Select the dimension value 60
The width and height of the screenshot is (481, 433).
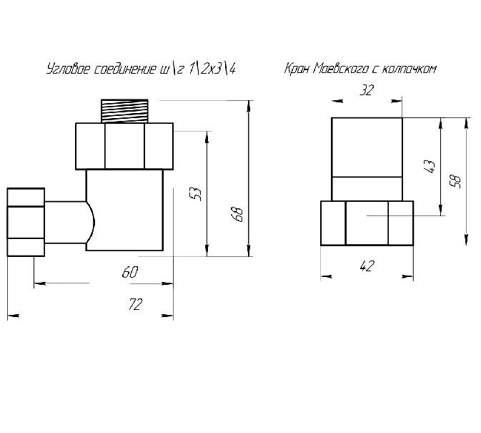[130, 272]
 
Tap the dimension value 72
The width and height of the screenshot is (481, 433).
[135, 304]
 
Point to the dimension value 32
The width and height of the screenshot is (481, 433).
[367, 90]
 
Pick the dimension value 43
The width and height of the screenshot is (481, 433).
[431, 167]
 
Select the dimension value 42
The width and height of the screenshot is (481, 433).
[367, 266]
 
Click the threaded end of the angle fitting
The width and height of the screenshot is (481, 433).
[124, 111]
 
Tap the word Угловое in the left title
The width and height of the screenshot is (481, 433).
[67, 69]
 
